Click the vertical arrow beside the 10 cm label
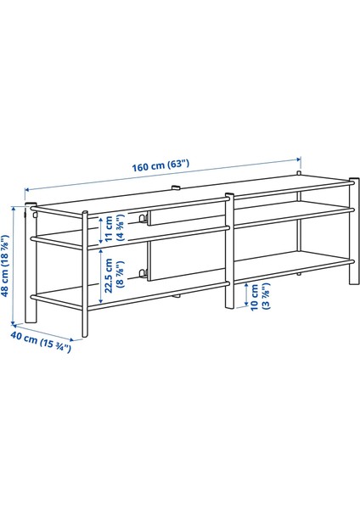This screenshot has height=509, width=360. coord(245,296)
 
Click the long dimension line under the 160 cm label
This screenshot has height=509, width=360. coord(161,175)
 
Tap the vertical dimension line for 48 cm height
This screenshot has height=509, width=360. coord(15,266)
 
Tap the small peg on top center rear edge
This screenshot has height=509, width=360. coord(173,188)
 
